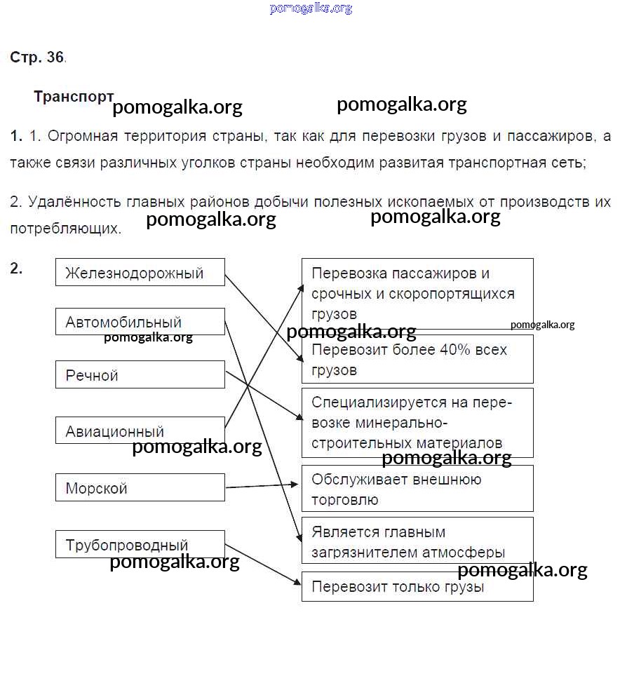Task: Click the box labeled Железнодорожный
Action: pos(140,272)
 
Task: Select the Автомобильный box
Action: pos(140,322)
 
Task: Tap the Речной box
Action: pos(140,375)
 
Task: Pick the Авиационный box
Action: pos(140,431)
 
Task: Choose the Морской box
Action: pos(140,487)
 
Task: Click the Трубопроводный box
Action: pos(140,544)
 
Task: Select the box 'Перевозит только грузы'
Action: pos(417,586)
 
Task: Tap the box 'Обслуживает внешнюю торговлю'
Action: pos(417,488)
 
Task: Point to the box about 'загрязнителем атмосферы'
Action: pos(417,541)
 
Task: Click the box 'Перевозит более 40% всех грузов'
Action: pos(417,358)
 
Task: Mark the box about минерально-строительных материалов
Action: pos(417,422)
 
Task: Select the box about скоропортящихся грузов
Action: pos(417,292)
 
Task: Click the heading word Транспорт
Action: pos(73,97)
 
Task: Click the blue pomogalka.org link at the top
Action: pos(310,8)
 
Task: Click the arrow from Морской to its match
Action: pos(263,485)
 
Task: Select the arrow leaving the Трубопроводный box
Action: pos(263,564)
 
